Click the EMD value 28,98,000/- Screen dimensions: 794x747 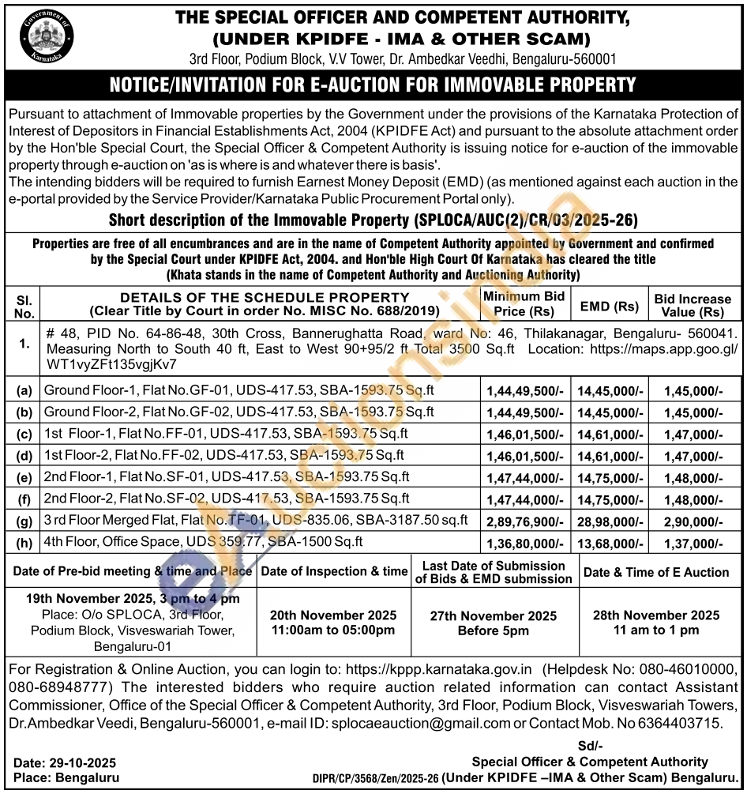tap(610, 520)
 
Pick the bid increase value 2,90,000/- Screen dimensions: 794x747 tap(693, 520)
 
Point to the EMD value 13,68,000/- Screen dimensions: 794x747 tap(610, 542)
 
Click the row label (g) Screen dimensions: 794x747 tap(24, 520)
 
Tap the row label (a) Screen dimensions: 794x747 tap(24, 390)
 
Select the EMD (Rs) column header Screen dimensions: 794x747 tap(610, 305)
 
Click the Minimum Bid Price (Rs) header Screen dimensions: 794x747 tap(524, 303)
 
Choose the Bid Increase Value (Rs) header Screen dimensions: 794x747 tap(693, 305)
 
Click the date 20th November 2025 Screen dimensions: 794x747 tap(332, 615)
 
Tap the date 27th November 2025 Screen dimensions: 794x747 tap(494, 616)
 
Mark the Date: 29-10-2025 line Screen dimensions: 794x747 tap(65, 762)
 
